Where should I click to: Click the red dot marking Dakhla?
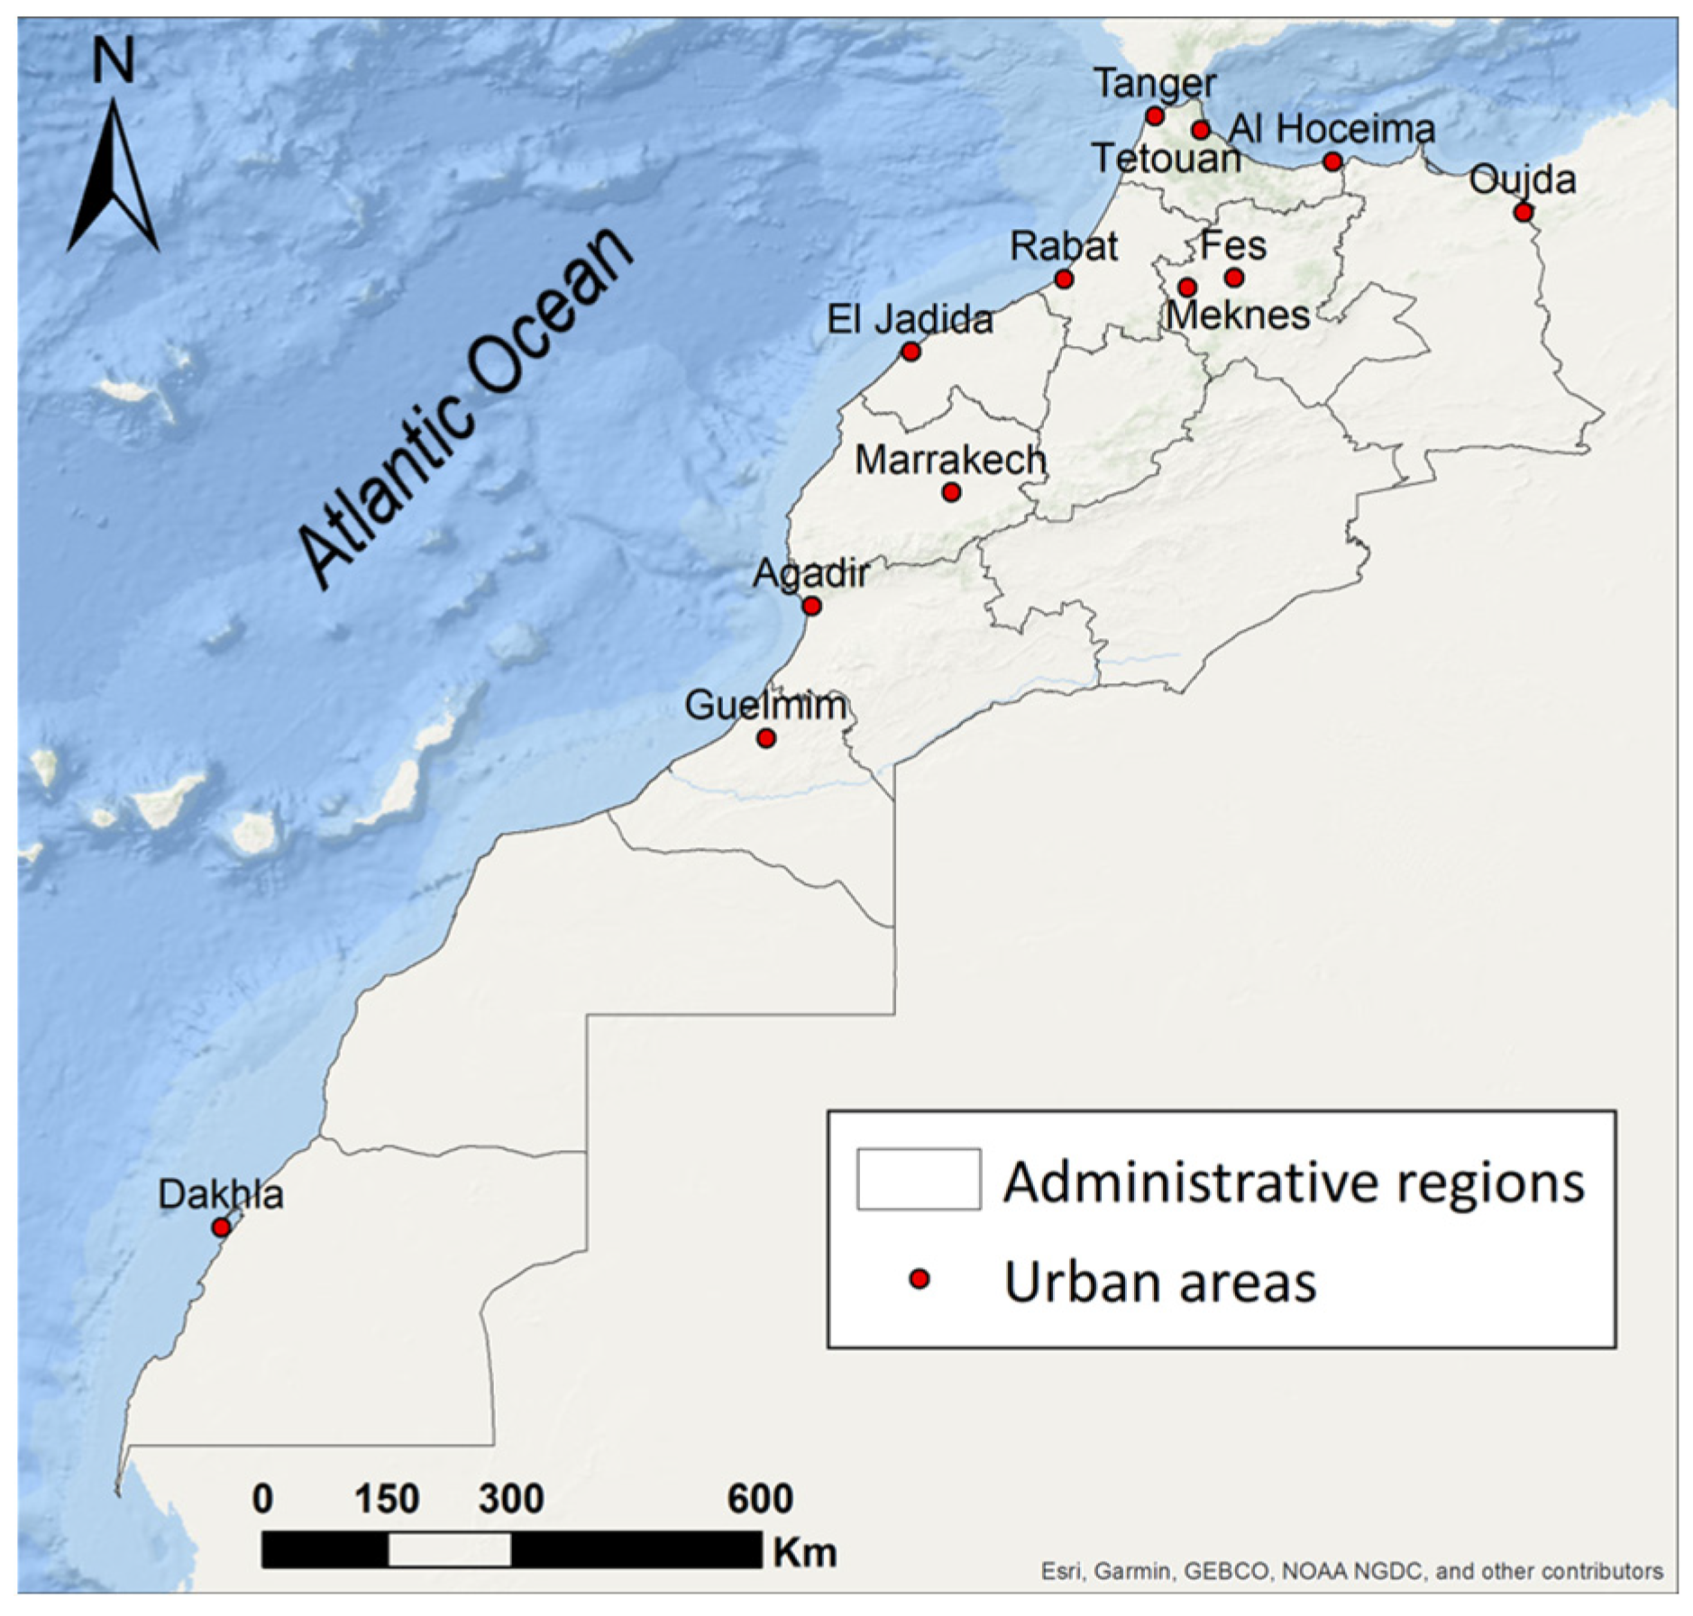tap(221, 1227)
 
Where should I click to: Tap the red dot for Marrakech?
tap(951, 492)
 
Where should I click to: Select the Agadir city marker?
tap(811, 606)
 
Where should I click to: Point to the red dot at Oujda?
tap(1523, 213)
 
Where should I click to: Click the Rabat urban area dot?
tap(1064, 278)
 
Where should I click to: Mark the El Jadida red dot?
tap(911, 352)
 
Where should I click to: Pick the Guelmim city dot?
tap(766, 738)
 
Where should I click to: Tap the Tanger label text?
tap(1155, 84)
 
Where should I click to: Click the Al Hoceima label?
tap(1332, 129)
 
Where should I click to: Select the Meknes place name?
tap(1238, 315)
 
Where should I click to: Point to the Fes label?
tap(1233, 245)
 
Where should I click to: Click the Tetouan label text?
tap(1166, 160)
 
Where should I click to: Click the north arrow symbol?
tap(114, 177)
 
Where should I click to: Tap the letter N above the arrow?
tap(114, 62)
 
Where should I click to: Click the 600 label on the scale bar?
tap(760, 1499)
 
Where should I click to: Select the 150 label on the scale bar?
tap(387, 1499)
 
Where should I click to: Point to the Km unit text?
tap(804, 1552)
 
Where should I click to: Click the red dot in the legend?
tap(919, 1279)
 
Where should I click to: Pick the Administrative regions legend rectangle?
tap(919, 1178)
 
